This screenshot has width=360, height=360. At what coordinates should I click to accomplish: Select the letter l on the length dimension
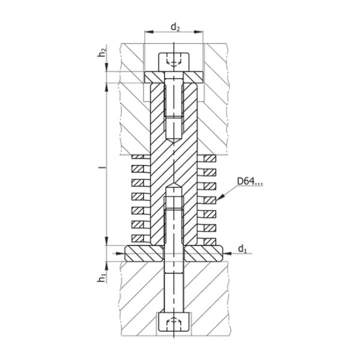(x=101, y=169)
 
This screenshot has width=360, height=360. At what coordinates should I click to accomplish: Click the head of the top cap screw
(x=173, y=61)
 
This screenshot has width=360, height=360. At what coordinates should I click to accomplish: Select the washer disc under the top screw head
(x=173, y=78)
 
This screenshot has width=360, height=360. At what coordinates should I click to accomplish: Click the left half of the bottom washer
(x=141, y=252)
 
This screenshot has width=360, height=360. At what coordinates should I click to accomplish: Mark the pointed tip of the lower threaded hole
(x=173, y=186)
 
